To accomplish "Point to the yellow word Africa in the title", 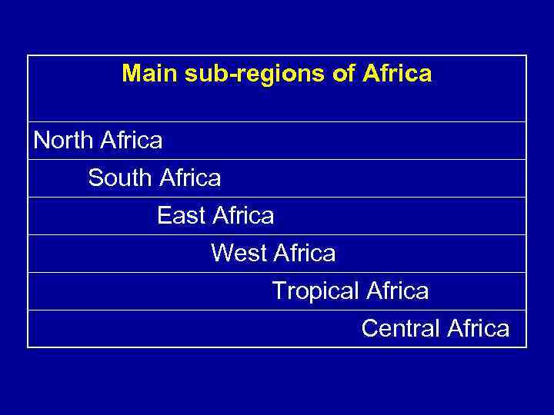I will point(399,74).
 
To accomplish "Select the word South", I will point(120,178).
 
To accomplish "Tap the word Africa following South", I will point(189,178).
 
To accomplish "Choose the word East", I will point(182,216).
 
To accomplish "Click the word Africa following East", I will point(242,216).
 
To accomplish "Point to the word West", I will point(239,253).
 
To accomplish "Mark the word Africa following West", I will point(305,253).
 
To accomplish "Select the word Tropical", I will point(315,291).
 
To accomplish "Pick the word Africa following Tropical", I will point(397,291).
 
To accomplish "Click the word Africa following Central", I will point(478,329).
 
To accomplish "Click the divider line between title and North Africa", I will point(277,121).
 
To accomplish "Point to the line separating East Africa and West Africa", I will point(277,234).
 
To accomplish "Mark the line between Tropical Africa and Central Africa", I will point(277,310).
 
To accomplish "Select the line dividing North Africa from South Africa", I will point(277,159).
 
